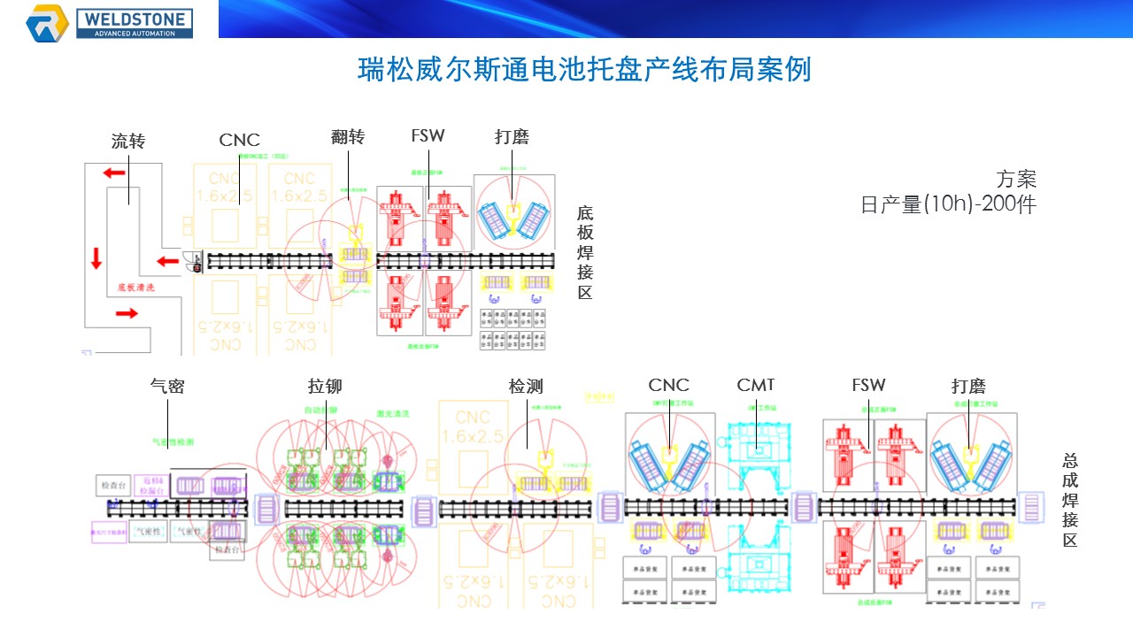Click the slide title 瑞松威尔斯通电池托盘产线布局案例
tap(584, 70)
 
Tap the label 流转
tap(127, 141)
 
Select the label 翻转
tap(348, 137)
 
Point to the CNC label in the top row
tap(240, 140)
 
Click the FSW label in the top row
tap(428, 136)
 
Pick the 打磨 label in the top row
tap(512, 137)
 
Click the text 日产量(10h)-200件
tap(948, 204)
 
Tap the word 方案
tap(1015, 180)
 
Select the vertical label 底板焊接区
tap(585, 253)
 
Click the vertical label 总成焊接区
tap(1070, 500)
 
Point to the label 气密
tap(167, 386)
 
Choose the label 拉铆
tap(325, 386)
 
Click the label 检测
tap(526, 386)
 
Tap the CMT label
tap(755, 385)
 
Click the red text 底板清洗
tap(136, 288)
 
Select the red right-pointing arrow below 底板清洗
tap(127, 312)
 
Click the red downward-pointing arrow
tap(96, 259)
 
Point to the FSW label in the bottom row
tap(868, 385)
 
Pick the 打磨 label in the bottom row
tap(968, 386)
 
